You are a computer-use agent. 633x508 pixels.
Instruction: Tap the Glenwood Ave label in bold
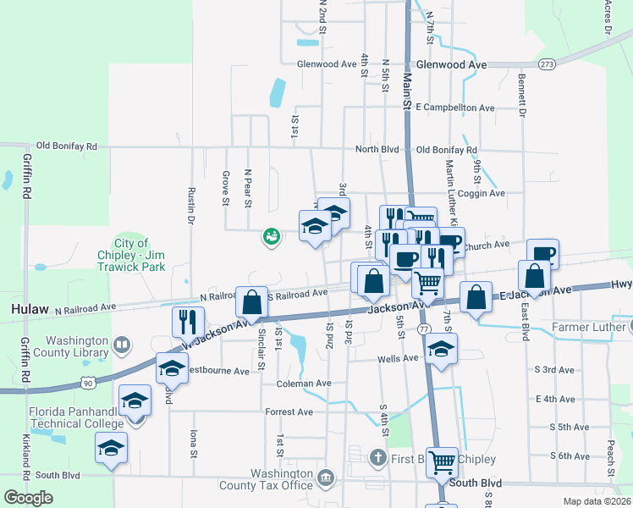(x=453, y=64)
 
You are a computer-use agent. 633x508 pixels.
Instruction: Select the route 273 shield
(x=548, y=64)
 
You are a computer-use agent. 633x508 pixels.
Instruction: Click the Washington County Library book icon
(x=122, y=345)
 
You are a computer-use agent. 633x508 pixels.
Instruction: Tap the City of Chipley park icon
(x=271, y=237)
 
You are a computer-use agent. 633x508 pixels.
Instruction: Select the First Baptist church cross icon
(x=380, y=458)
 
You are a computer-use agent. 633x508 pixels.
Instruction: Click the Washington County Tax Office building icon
(x=325, y=480)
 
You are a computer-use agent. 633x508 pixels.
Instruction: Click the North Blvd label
(x=377, y=149)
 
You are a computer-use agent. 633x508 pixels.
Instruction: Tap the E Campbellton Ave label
(x=455, y=108)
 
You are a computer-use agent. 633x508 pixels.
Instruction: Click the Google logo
(x=29, y=497)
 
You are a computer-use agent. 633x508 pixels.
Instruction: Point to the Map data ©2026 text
(x=597, y=501)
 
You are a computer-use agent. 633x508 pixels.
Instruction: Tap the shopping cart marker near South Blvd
(x=442, y=462)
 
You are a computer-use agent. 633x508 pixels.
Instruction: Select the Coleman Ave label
(x=304, y=384)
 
